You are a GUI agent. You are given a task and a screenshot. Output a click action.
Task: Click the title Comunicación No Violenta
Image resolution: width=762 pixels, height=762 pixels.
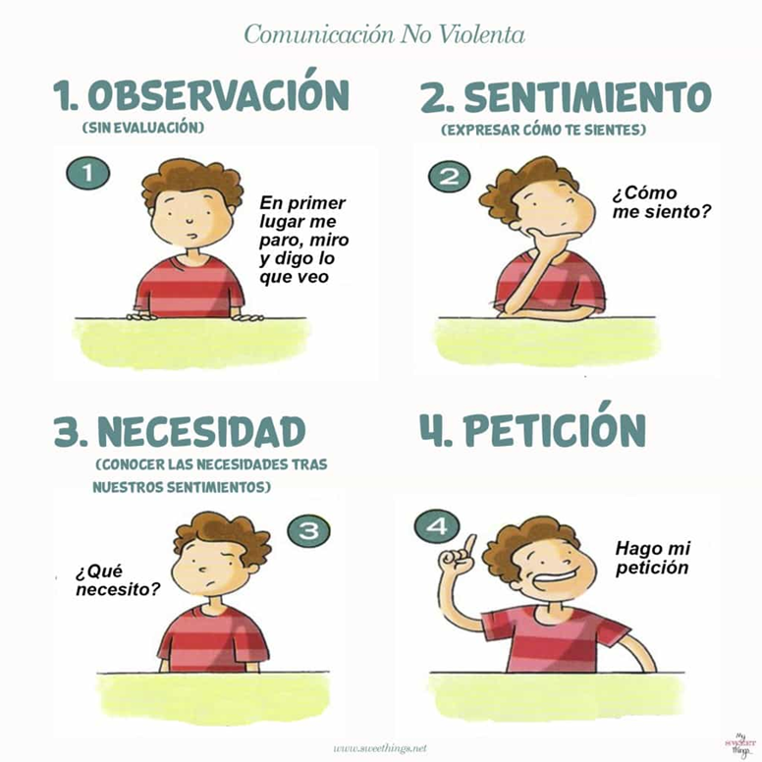click(x=384, y=35)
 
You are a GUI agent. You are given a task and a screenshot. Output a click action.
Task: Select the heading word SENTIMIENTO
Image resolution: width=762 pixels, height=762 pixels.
click(x=588, y=96)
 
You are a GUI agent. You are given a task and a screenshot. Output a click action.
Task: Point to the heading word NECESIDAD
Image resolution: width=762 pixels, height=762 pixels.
click(x=201, y=431)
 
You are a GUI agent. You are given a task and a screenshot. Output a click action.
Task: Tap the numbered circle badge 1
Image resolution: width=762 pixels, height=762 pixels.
click(x=88, y=174)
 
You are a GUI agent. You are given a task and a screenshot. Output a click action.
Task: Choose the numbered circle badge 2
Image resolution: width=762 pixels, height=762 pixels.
click(x=449, y=177)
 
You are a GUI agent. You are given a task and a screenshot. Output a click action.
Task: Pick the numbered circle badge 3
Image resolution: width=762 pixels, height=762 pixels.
click(x=308, y=531)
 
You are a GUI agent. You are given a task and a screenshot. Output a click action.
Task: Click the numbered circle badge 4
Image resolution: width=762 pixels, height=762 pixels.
click(x=436, y=526)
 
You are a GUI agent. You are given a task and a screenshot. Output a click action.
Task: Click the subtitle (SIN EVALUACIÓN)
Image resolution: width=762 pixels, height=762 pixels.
click(x=143, y=128)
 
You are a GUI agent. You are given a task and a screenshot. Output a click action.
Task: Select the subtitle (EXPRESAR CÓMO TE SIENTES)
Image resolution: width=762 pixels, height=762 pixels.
click(x=544, y=130)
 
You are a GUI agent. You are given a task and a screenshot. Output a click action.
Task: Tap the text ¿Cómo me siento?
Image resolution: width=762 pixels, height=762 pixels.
click(x=662, y=202)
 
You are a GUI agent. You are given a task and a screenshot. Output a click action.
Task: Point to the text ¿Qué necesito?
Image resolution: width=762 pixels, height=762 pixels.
click(x=118, y=580)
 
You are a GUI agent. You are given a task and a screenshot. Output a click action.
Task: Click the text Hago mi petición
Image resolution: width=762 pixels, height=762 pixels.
click(x=653, y=558)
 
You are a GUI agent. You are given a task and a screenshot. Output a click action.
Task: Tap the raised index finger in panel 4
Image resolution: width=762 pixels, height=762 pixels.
click(x=469, y=545)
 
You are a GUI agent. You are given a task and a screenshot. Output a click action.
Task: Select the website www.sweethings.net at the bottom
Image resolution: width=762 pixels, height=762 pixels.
click(x=380, y=747)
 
